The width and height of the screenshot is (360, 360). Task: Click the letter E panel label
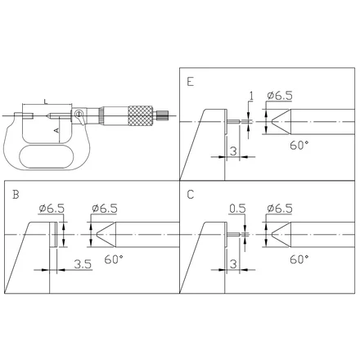click(x=191, y=82)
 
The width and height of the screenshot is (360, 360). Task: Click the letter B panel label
click(x=16, y=195)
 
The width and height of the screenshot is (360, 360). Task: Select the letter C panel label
click(x=191, y=195)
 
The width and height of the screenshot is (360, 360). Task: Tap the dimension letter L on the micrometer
click(x=46, y=101)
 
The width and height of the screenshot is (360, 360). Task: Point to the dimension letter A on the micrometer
click(x=56, y=130)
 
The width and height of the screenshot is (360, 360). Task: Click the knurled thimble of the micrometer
click(x=140, y=115)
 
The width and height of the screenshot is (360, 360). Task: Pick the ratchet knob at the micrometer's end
click(x=162, y=115)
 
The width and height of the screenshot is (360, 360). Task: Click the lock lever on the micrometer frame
click(x=80, y=117)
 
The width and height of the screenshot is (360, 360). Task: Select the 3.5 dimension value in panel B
click(x=83, y=264)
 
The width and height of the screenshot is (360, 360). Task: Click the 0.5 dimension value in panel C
click(x=237, y=209)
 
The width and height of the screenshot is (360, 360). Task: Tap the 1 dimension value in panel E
click(x=251, y=96)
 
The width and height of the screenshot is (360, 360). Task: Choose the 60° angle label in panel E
click(x=299, y=146)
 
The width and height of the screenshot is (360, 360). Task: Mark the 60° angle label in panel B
click(x=114, y=259)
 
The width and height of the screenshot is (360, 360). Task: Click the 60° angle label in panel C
click(x=299, y=259)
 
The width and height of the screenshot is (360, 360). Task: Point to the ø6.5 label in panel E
click(x=280, y=96)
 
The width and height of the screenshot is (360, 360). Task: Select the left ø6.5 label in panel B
click(x=52, y=209)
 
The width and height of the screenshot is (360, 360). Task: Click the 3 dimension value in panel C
click(x=233, y=264)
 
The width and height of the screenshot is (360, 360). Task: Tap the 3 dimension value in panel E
click(x=233, y=151)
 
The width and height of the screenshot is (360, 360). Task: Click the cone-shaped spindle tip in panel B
click(x=106, y=235)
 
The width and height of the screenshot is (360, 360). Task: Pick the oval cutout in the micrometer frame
click(x=47, y=156)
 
